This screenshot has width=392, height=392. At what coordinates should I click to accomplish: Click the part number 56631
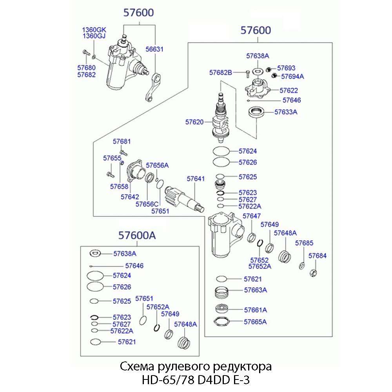tap(155, 50)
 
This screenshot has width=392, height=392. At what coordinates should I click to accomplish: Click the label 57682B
tap(221, 73)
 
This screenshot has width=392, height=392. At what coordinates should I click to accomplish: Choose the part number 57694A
tap(293, 76)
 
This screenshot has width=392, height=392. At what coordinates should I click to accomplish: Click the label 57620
tap(195, 122)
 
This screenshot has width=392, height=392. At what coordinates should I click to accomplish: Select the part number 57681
tap(122, 142)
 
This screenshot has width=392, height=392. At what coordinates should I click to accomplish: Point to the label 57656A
tap(157, 165)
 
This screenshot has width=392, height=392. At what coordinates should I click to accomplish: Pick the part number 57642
tap(130, 197)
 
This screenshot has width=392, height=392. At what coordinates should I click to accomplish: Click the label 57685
tap(304, 243)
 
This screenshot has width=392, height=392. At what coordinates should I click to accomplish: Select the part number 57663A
tap(255, 290)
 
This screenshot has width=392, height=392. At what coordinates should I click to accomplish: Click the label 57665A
tap(255, 322)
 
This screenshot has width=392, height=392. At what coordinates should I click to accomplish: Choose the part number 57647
tap(252, 216)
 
